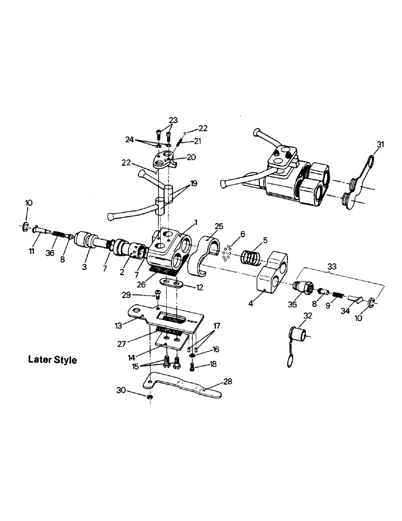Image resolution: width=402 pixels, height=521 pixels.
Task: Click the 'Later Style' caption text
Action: coord(52,359)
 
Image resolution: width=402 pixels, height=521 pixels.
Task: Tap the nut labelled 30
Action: coord(149,398)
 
